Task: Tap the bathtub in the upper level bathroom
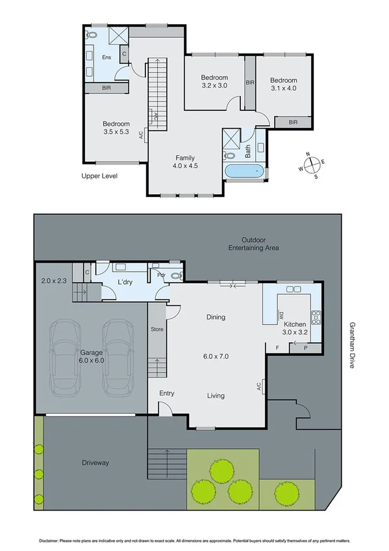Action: point(245,172)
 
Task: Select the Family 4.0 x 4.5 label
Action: point(185,162)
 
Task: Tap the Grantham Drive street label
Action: point(352,345)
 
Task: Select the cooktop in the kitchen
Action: point(316,318)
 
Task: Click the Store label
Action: point(157,329)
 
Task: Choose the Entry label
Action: point(167,393)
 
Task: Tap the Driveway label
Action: point(95,463)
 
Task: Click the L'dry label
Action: point(126,281)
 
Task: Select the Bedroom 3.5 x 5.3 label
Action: point(116,128)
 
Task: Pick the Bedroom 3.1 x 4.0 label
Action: point(283,84)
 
